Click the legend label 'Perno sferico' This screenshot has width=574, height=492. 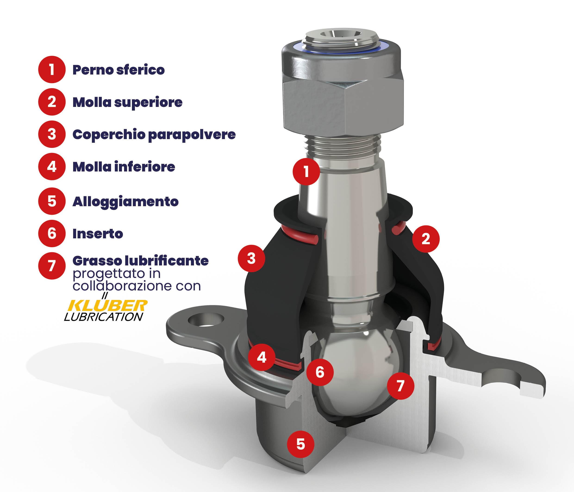pyautogui.click(x=119, y=70)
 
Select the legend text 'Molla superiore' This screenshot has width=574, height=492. pyautogui.click(x=128, y=103)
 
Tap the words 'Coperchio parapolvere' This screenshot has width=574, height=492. pyautogui.click(x=154, y=135)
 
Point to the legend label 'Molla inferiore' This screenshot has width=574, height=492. pyautogui.click(x=124, y=167)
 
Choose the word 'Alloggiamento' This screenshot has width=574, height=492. pyautogui.click(x=125, y=202)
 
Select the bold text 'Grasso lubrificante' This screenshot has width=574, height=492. pyautogui.click(x=140, y=261)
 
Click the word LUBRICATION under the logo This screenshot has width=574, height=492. pyautogui.click(x=104, y=317)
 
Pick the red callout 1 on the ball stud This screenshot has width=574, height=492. pyautogui.click(x=306, y=171)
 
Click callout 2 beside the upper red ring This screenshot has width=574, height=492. pyautogui.click(x=426, y=239)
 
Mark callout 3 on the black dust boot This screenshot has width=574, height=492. pyautogui.click(x=251, y=258)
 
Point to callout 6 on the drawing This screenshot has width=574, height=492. pyautogui.click(x=320, y=372)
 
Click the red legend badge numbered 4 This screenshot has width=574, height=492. pyautogui.click(x=52, y=166)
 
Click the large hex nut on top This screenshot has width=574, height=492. pyautogui.click(x=343, y=89)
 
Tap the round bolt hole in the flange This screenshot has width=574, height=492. pyautogui.click(x=206, y=320)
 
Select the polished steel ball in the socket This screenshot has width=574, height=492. pyautogui.click(x=357, y=371)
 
